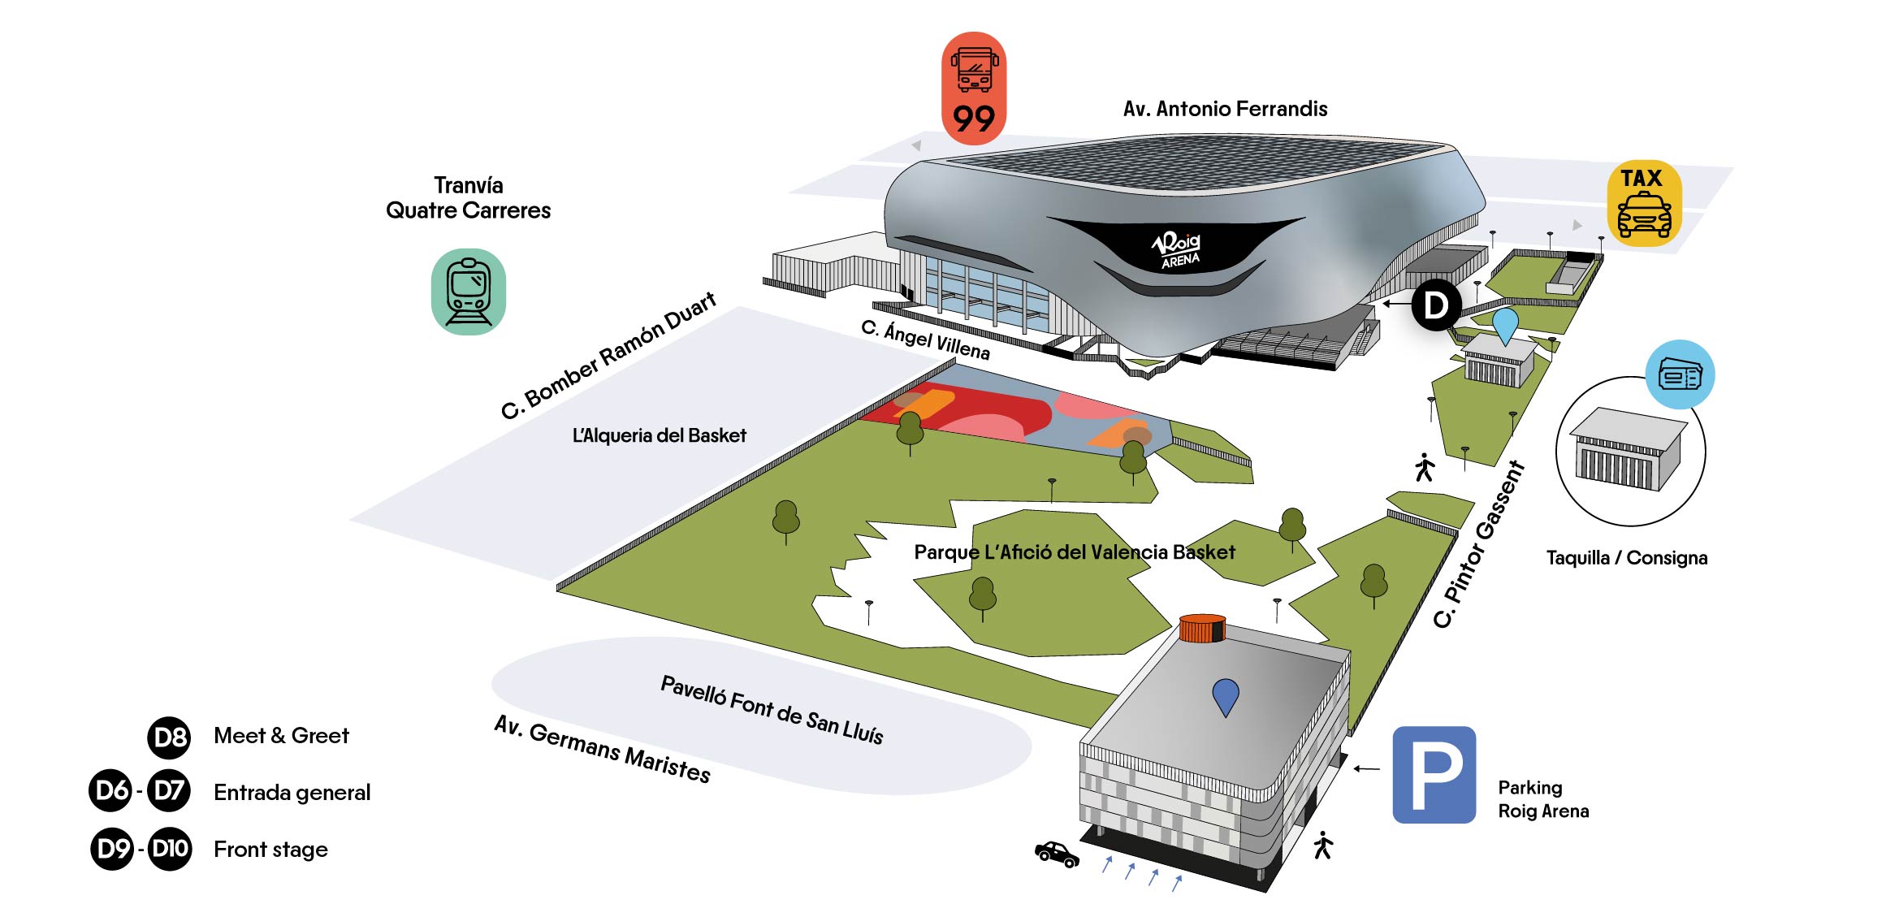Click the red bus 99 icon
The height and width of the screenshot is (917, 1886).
click(973, 89)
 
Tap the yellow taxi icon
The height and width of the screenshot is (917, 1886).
click(1644, 203)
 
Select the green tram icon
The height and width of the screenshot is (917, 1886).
click(469, 292)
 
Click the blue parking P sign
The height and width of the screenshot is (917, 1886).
click(1434, 774)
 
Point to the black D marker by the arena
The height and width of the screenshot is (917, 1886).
click(1436, 305)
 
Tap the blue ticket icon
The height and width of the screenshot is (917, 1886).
click(1680, 375)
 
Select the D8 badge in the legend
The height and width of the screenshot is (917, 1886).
click(169, 737)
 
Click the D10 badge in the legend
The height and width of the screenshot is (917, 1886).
click(170, 849)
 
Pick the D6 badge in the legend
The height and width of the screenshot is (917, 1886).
click(110, 790)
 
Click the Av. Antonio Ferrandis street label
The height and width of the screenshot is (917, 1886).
click(1225, 109)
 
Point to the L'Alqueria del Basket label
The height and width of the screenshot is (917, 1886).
click(659, 435)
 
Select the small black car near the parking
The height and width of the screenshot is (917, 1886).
click(1056, 854)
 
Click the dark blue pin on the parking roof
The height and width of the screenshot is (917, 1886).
click(1225, 695)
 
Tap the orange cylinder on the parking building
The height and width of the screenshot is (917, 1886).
click(1202, 629)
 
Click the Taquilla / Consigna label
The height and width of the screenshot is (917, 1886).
click(1626, 558)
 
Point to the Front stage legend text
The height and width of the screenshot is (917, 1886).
click(270, 850)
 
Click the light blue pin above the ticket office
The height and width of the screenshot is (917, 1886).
click(1505, 324)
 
